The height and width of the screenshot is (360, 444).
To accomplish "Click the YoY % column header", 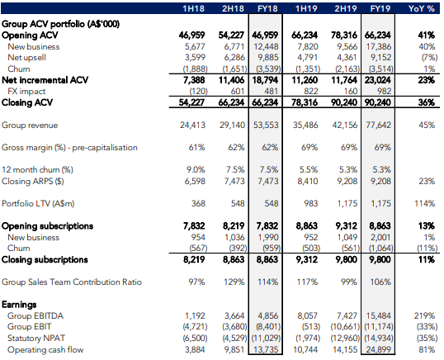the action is (422, 8).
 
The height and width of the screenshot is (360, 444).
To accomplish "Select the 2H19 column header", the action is (346, 8).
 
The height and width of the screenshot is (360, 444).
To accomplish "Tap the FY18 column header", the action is (267, 8).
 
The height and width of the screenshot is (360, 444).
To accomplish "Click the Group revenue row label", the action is (30, 126).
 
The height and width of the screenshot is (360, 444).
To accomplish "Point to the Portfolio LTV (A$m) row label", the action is (38, 204).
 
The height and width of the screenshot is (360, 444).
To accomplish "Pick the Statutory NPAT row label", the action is (36, 339).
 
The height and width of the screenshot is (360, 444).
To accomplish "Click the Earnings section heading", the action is (19, 305).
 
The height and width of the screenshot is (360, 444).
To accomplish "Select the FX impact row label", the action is (26, 92).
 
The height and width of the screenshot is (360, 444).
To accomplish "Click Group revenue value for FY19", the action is (378, 126).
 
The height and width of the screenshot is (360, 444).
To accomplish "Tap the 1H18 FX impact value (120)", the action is (198, 92).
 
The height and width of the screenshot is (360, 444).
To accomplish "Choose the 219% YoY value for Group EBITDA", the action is (424, 315).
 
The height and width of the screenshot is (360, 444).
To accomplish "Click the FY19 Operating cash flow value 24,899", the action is (379, 350).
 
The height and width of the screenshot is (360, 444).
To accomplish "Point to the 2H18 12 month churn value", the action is (235, 170).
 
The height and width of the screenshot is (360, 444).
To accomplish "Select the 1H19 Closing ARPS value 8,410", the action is (308, 182).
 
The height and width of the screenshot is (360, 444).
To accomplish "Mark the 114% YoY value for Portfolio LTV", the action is (424, 204).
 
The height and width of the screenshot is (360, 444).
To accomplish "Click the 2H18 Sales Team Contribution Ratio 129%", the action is (234, 282).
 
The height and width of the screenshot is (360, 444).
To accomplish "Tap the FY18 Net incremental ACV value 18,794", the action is (265, 80).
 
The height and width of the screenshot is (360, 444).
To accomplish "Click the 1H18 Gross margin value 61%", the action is (196, 148).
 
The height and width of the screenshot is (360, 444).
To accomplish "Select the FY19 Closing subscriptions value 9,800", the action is (380, 260).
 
